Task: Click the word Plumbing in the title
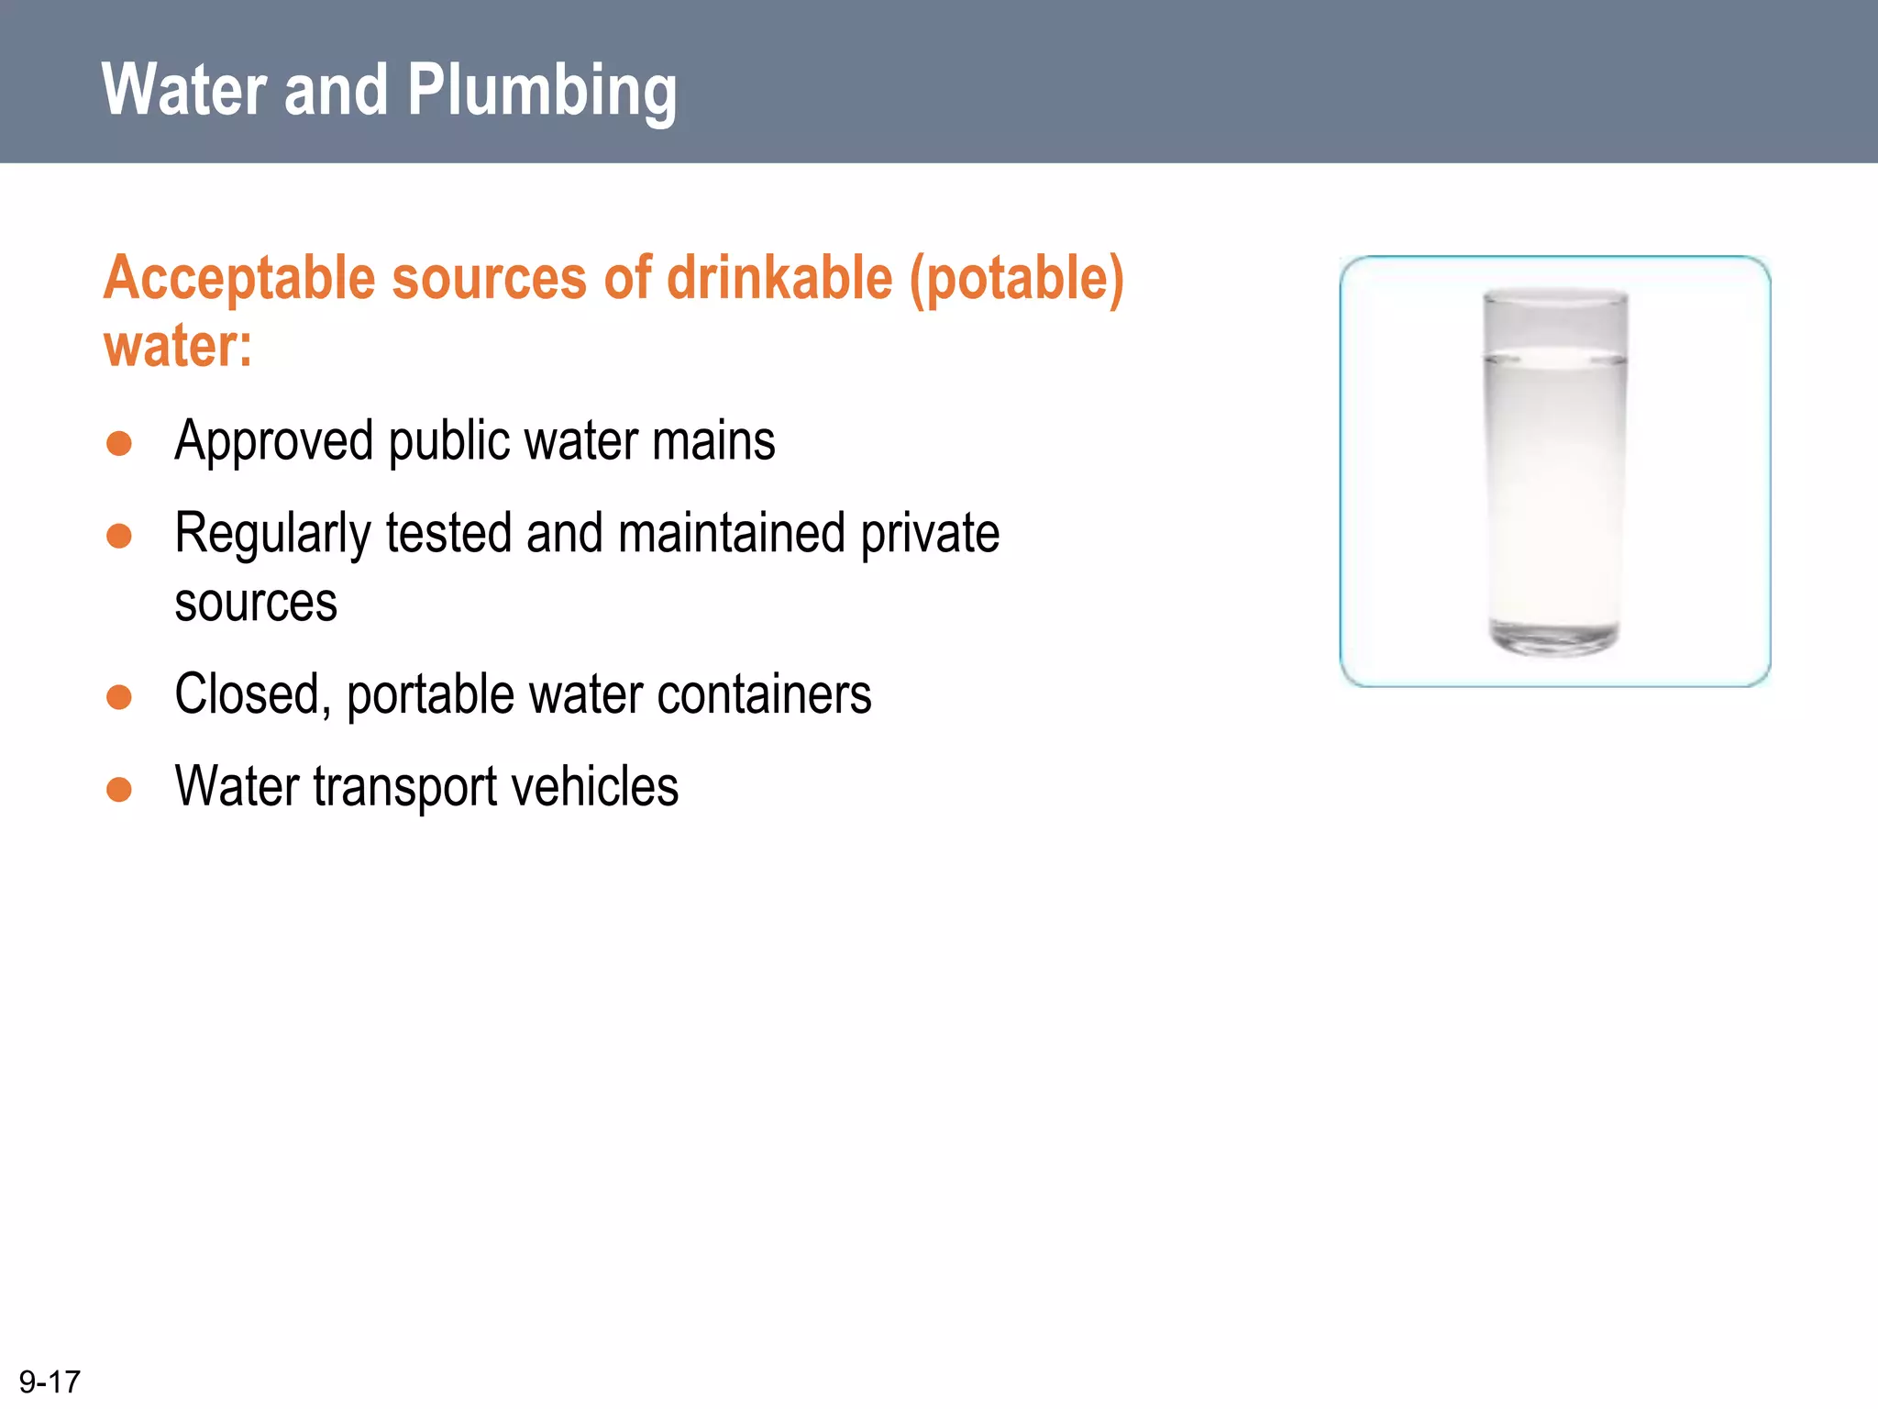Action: pyautogui.click(x=541, y=92)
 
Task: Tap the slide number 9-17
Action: pyautogui.click(x=50, y=1381)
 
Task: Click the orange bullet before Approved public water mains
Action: pyautogui.click(x=119, y=444)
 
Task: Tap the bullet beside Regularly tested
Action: pyautogui.click(x=119, y=536)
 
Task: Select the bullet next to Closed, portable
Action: pyautogui.click(x=119, y=697)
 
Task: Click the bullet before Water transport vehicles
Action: pyautogui.click(x=119, y=789)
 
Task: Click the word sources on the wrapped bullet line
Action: pyautogui.click(x=256, y=604)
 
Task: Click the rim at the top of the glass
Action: pyautogui.click(x=1555, y=296)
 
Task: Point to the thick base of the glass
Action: pyautogui.click(x=1555, y=638)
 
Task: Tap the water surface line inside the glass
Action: pyautogui.click(x=1555, y=359)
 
